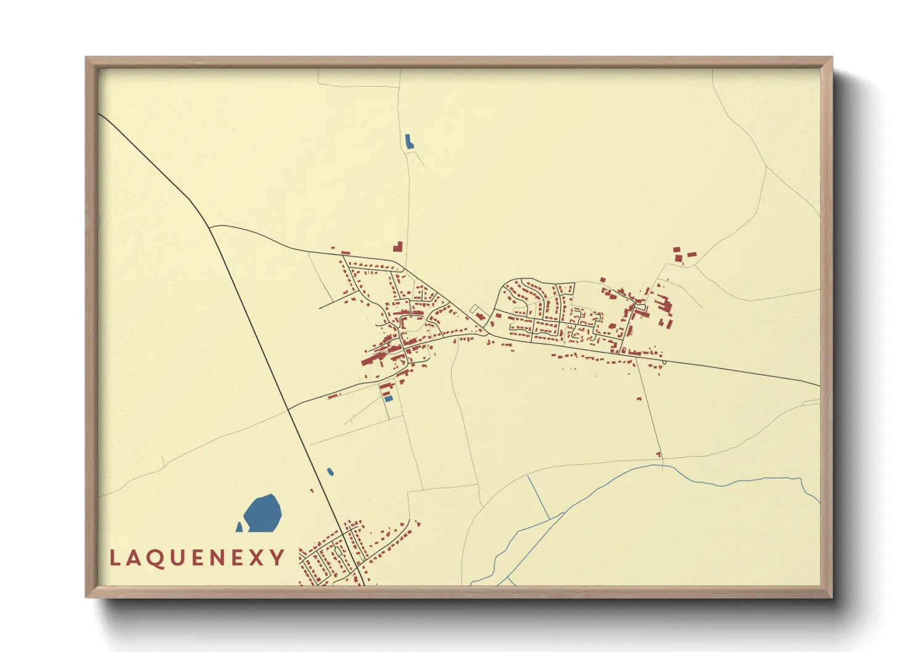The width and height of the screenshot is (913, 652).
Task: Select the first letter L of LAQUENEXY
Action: click(115, 558)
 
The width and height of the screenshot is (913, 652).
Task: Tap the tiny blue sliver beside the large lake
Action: click(239, 528)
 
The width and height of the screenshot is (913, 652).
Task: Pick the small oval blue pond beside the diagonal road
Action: click(330, 472)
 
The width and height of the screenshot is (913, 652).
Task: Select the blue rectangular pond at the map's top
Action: click(408, 141)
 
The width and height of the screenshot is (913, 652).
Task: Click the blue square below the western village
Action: click(388, 399)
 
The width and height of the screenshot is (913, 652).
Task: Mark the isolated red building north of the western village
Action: click(398, 247)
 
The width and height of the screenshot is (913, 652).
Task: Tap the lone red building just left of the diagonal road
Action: click(312, 491)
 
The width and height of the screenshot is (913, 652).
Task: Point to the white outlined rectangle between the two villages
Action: click(474, 309)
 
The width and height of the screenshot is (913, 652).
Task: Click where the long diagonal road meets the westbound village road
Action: click(287, 409)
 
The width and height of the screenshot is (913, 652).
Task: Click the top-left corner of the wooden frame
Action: click(86, 58)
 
